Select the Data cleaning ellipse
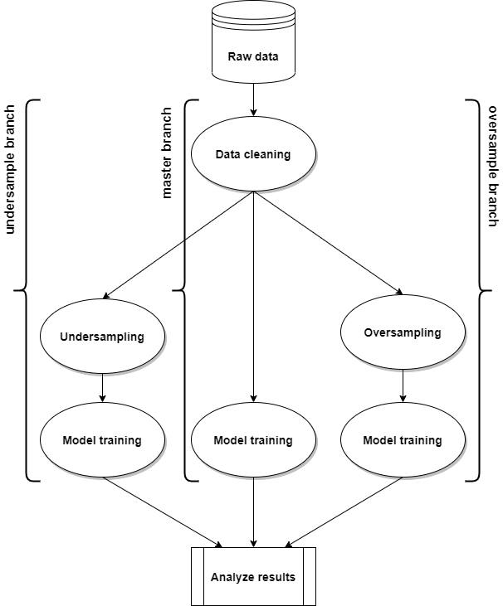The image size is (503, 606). point(253,154)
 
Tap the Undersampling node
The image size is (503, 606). point(102,337)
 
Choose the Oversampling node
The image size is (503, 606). point(403,332)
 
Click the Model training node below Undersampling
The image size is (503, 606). point(102,440)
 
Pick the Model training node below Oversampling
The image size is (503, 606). point(403,440)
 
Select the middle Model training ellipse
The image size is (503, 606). point(253,440)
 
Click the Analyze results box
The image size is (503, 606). point(253,577)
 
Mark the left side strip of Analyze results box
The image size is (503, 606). point(198,577)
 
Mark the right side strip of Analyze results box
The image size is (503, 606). point(309,577)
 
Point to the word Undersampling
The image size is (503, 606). point(102,337)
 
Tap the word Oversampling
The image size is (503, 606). point(403,332)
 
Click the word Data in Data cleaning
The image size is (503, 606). point(227,154)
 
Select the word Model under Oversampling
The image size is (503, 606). point(379,440)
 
